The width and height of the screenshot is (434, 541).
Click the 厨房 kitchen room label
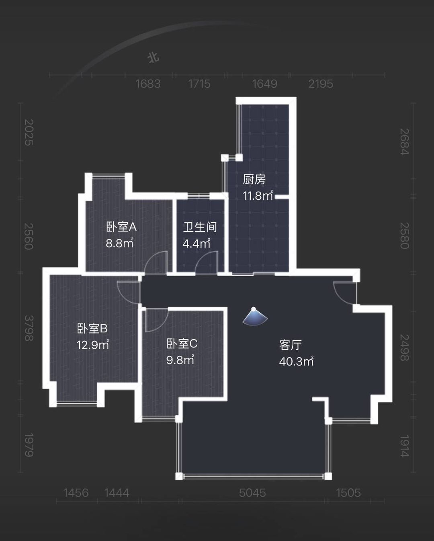[x=254, y=180]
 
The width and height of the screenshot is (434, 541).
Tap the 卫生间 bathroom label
[x=200, y=227]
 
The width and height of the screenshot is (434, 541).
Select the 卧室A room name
[x=121, y=227]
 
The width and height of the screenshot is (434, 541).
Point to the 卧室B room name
[x=92, y=328]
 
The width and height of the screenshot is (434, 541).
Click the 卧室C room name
[x=182, y=344]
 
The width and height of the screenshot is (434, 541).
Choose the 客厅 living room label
[x=290, y=345]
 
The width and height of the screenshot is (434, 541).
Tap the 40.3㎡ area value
[x=296, y=361]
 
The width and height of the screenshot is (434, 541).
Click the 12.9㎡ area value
[x=93, y=345]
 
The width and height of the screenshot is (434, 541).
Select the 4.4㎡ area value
[x=197, y=244]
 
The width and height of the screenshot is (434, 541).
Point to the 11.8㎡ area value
[x=258, y=196]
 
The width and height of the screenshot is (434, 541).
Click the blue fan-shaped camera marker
[x=255, y=317]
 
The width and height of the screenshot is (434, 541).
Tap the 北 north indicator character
[x=153, y=58]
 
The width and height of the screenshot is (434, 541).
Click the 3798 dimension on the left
[x=29, y=328]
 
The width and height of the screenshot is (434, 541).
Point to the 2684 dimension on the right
[x=405, y=142]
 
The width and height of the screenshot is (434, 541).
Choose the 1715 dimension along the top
[x=199, y=84]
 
